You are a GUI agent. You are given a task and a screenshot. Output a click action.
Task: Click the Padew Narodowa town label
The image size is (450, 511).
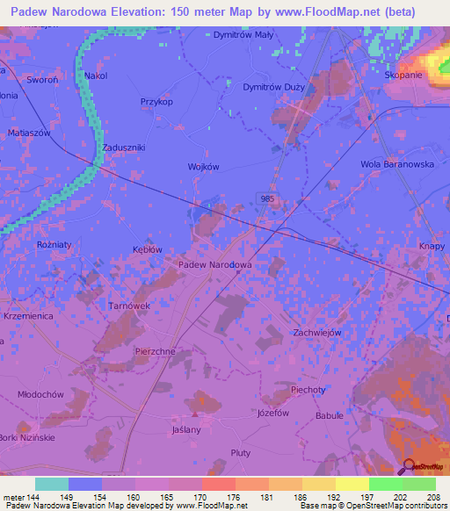[x=215, y=264]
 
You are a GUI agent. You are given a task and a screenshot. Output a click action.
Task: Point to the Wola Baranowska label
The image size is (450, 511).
[x=399, y=163]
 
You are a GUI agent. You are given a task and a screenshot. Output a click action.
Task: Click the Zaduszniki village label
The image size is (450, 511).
[x=123, y=148]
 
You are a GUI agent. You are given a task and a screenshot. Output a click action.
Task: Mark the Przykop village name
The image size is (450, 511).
[x=156, y=102]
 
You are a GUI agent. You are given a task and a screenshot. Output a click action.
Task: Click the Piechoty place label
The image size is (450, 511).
[x=308, y=389]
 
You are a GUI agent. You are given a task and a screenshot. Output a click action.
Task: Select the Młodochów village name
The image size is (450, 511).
[x=41, y=395]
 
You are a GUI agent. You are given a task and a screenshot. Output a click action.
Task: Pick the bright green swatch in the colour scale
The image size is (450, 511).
[x=385, y=484]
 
